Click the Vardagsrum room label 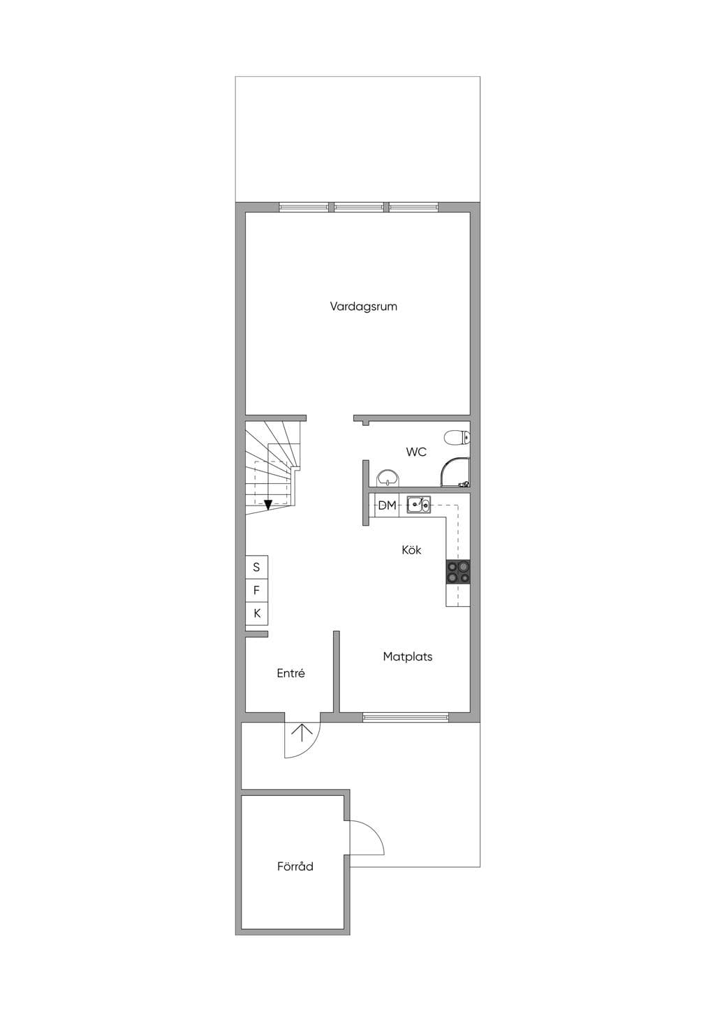(x=363, y=307)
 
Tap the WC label (x=416, y=452)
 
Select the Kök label (x=412, y=549)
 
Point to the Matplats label (x=408, y=656)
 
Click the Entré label (x=290, y=673)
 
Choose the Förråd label (x=295, y=866)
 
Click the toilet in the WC (x=457, y=437)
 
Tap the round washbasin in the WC (x=388, y=478)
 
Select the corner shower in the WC (x=455, y=473)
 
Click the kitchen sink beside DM (x=419, y=505)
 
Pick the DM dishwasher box (x=387, y=505)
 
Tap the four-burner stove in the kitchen (x=458, y=572)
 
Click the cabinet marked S (x=256, y=567)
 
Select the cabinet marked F (x=256, y=591)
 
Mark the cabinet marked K (x=256, y=613)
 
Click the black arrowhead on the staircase (x=268, y=505)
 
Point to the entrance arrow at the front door (x=302, y=733)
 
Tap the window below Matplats (x=406, y=717)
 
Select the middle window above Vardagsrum (x=359, y=207)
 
